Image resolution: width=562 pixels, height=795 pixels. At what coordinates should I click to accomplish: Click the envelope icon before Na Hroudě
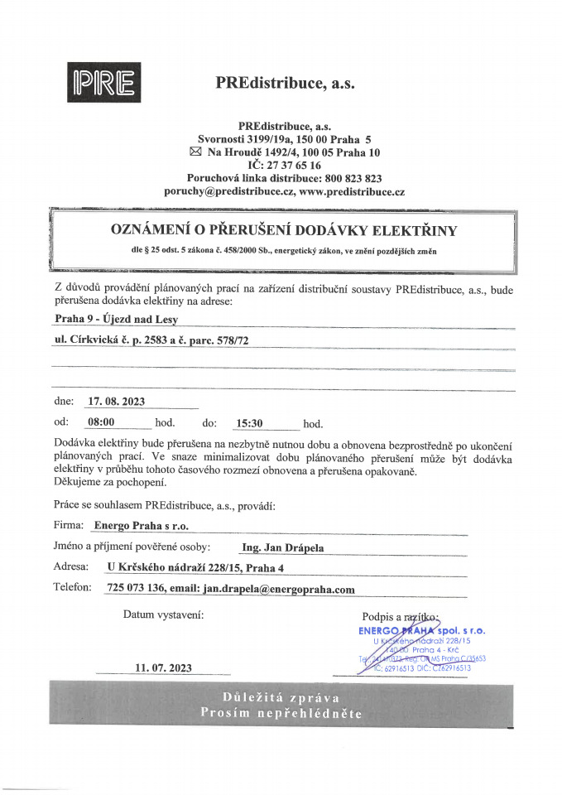click(x=195, y=152)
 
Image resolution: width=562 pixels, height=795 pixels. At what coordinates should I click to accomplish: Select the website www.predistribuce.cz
click(x=352, y=191)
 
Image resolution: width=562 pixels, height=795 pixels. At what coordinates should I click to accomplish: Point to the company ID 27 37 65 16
click(x=292, y=166)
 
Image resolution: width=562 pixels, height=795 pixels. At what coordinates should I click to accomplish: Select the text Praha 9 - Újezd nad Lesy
click(x=110, y=318)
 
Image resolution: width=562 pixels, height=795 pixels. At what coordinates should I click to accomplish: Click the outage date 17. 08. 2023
click(x=117, y=402)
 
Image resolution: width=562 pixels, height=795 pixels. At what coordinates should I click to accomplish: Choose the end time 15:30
click(x=249, y=423)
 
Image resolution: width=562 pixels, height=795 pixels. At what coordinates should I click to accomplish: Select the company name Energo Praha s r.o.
click(x=142, y=525)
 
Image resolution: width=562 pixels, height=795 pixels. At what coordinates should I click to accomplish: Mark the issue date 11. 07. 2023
click(x=163, y=667)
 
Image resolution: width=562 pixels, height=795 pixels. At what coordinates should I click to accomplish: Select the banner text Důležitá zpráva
click(x=281, y=696)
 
